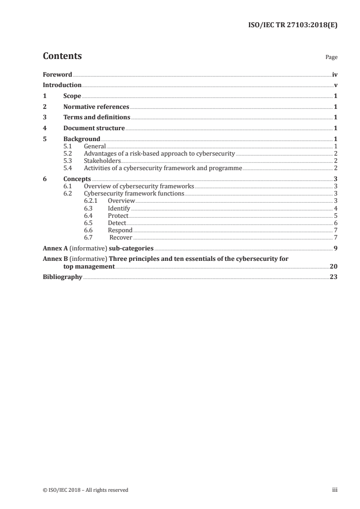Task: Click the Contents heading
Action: pyautogui.click(x=62, y=56)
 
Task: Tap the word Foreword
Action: pyautogui.click(x=57, y=74)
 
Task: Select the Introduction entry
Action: pyautogui.click(x=62, y=85)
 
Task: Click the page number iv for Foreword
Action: pyautogui.click(x=335, y=74)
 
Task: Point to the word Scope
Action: pyautogui.click(x=72, y=96)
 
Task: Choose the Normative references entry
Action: pyautogui.click(x=96, y=107)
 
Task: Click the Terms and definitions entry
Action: pyautogui.click(x=97, y=117)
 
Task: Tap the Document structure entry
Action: pyautogui.click(x=94, y=128)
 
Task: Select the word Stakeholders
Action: pyautogui.click(x=102, y=161)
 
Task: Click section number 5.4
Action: pyautogui.click(x=68, y=168)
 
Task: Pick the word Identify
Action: pyautogui.click(x=119, y=208)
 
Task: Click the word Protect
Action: pyautogui.click(x=118, y=215)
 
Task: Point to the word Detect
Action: pyautogui.click(x=117, y=223)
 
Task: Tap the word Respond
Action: pyautogui.click(x=120, y=230)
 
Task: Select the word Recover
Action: pyautogui.click(x=121, y=237)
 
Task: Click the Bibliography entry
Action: pyautogui.click(x=62, y=277)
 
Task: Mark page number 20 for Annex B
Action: pyautogui.click(x=334, y=266)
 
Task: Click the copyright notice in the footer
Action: pyautogui.click(x=85, y=489)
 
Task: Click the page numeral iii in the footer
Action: pyautogui.click(x=335, y=489)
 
